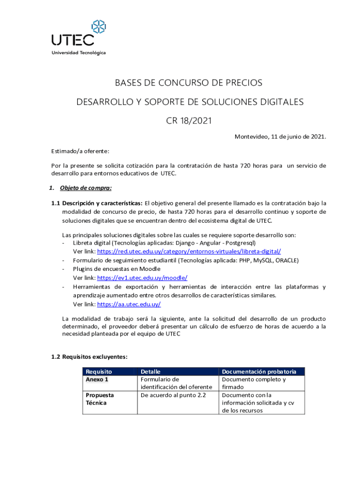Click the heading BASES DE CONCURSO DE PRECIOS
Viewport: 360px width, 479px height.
(188, 83)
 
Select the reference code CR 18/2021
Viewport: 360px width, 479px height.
(189, 121)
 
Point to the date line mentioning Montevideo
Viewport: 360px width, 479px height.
(280, 137)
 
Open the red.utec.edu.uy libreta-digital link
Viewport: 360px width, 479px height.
(189, 251)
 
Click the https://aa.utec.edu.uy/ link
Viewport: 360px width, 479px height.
(129, 304)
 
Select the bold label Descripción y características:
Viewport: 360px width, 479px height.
(103, 203)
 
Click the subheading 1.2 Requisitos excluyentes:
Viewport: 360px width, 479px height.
(89, 356)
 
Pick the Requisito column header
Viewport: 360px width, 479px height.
(99, 371)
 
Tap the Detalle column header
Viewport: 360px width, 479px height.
(151, 371)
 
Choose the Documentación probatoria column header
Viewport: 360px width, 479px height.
(259, 371)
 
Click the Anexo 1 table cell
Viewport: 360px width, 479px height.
(97, 379)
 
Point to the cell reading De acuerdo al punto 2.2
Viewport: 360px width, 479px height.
(173, 395)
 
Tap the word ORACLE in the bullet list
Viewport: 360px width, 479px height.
(287, 260)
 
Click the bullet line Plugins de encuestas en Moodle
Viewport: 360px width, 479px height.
(116, 269)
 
